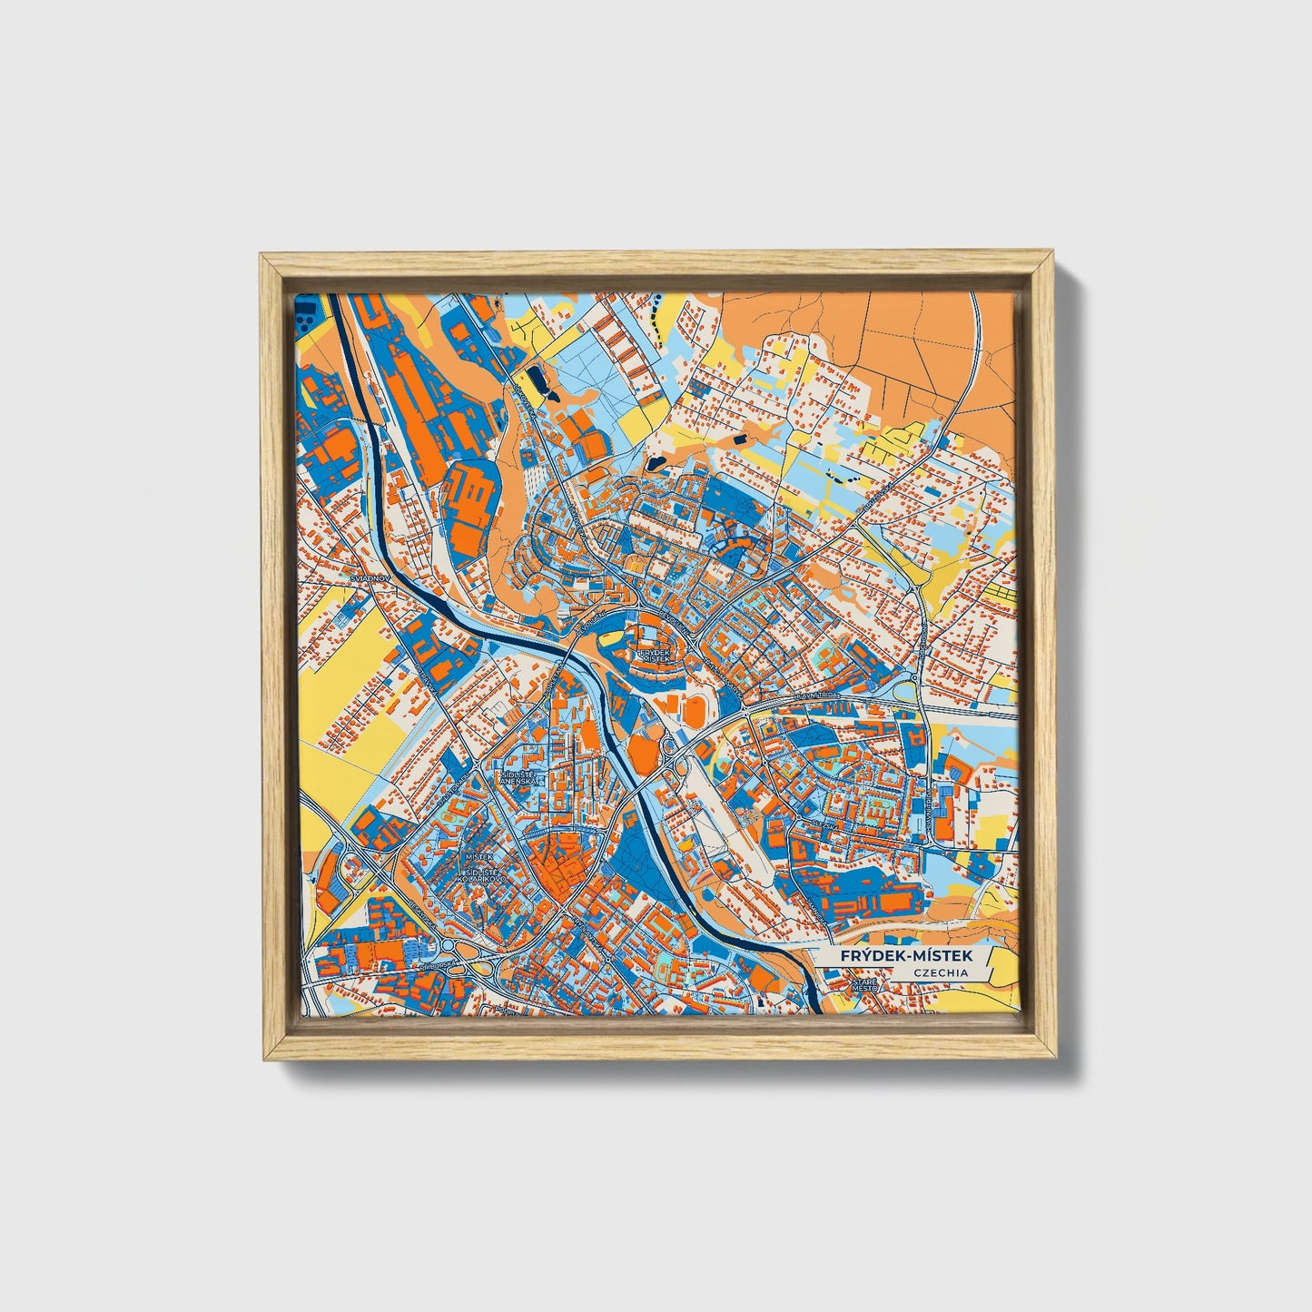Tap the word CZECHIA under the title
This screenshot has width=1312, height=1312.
pyautogui.click(x=941, y=973)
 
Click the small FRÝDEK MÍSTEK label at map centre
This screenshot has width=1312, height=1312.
pyautogui.click(x=654, y=655)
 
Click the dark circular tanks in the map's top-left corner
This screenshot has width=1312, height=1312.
pyautogui.click(x=309, y=311)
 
